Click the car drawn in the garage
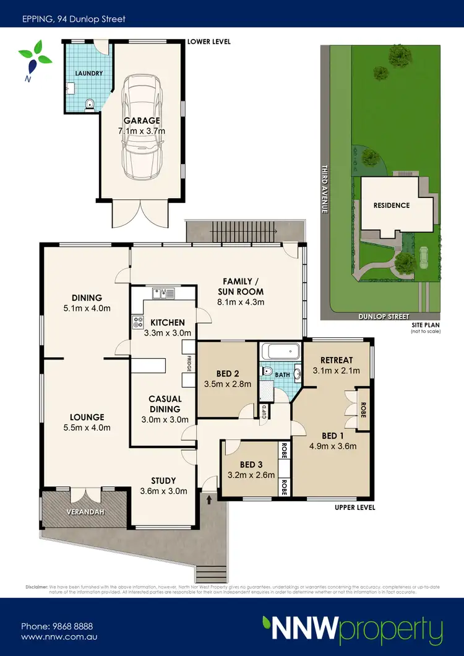(142, 127)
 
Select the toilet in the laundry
(90, 105)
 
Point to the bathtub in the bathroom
(280, 353)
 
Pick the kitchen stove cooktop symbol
(137, 322)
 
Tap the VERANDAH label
(84, 512)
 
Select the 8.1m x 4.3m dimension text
(241, 303)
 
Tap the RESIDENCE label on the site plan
(391, 205)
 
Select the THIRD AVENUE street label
(324, 189)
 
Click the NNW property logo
(352, 630)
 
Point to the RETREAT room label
(337, 360)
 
